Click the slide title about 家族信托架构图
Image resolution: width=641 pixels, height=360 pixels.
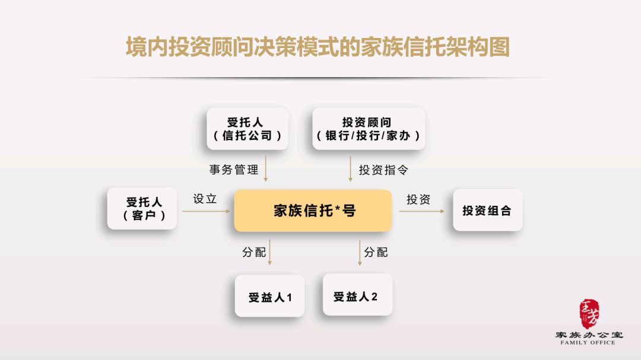(x=318, y=47)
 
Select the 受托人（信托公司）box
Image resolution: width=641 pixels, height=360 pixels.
(x=247, y=129)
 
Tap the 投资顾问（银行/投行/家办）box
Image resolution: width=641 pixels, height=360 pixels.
(x=369, y=129)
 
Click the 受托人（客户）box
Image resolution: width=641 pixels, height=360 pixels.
(x=142, y=208)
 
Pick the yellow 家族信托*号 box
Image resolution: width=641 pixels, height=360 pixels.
(x=313, y=211)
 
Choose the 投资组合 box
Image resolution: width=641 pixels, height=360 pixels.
(x=488, y=210)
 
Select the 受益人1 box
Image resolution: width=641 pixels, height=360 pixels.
(x=270, y=296)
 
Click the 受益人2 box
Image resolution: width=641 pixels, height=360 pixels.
(x=357, y=295)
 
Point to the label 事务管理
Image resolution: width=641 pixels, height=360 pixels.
(x=234, y=170)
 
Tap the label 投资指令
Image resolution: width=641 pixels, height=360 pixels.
(x=383, y=170)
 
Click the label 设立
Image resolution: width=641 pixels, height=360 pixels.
(x=205, y=199)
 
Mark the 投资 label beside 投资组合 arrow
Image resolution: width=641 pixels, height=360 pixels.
(x=418, y=199)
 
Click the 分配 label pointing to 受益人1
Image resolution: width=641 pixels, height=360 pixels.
(x=254, y=252)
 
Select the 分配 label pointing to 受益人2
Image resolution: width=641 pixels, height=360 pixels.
(x=376, y=252)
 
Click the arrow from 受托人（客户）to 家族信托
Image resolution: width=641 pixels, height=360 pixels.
(x=207, y=211)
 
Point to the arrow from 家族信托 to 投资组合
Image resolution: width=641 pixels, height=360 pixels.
(x=422, y=211)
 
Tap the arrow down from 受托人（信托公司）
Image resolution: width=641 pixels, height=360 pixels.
(x=266, y=169)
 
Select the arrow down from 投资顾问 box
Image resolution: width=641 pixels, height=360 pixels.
(x=350, y=169)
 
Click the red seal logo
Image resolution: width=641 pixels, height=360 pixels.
(x=589, y=314)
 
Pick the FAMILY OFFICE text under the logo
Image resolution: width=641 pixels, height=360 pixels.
(x=588, y=342)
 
